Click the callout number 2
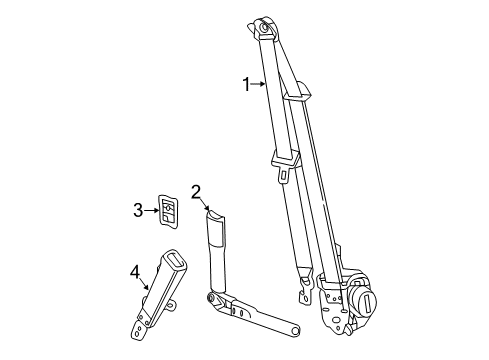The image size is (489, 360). coord(197,192)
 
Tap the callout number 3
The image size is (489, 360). coord(139,209)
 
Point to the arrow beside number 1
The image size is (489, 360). coord(260,86)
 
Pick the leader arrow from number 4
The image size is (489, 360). coord(146,286)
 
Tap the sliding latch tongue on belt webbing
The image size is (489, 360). coord(283,161)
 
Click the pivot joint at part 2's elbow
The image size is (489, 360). coord(212,298)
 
